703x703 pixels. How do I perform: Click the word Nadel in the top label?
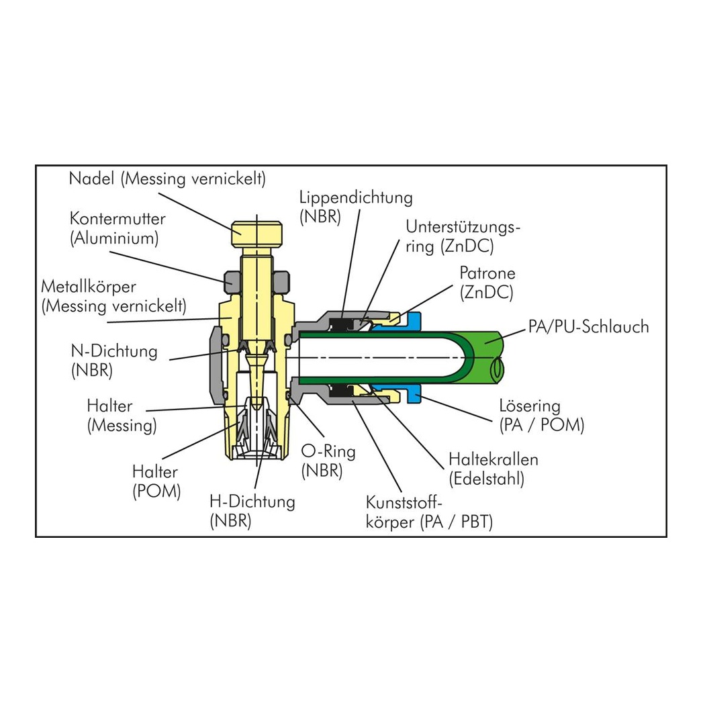coord(91,179)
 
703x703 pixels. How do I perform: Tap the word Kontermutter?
coord(118,219)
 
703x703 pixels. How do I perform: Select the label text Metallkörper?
coord(89,287)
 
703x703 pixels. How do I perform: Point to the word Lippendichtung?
coord(356,197)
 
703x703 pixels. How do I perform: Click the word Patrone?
coord(487,273)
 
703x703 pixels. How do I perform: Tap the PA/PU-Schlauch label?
coord(588,326)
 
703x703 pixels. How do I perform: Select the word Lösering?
coord(530,406)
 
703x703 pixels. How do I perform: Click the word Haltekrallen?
coord(494,459)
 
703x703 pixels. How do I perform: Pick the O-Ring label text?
coord(328,451)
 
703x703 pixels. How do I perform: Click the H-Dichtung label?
coord(252,502)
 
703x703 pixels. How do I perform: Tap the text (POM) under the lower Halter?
coord(156,491)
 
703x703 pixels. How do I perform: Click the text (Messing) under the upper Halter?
coord(122,426)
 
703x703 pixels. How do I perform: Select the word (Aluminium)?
coord(114,238)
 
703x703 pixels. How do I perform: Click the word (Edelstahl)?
coord(487,479)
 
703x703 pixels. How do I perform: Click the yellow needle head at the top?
coord(257,234)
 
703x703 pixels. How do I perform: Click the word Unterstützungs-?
coord(463,228)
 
